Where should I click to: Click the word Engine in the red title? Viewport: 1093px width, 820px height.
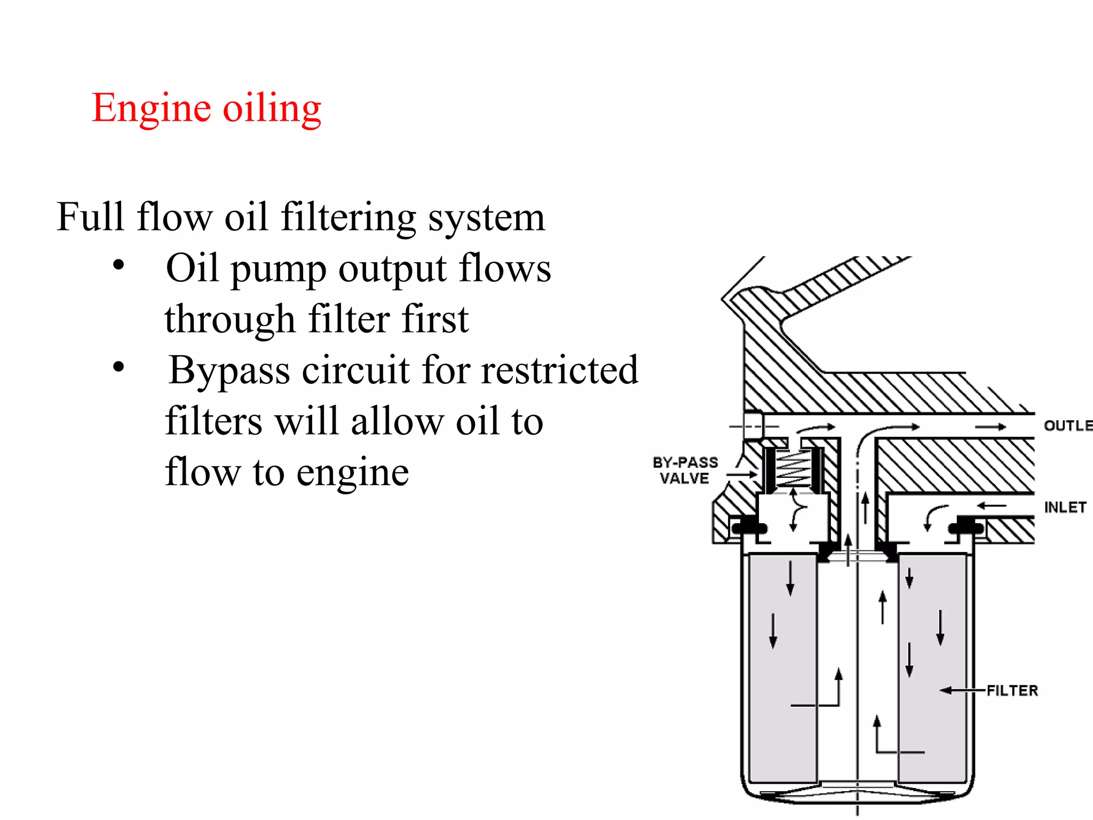(x=152, y=108)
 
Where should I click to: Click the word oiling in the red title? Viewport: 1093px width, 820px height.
(x=272, y=108)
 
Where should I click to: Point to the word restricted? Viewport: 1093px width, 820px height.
(x=559, y=369)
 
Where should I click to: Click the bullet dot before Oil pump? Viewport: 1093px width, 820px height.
(x=118, y=265)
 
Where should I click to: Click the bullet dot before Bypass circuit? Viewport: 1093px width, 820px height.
(x=118, y=367)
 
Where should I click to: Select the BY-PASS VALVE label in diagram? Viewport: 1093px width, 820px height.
(x=685, y=470)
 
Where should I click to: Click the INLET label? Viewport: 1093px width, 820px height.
(x=1065, y=507)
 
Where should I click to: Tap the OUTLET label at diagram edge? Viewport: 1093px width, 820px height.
(x=1068, y=426)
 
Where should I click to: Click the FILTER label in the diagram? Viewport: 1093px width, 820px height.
(x=1012, y=691)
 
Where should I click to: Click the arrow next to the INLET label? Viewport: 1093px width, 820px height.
(x=992, y=506)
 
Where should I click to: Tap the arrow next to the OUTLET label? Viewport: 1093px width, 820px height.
(x=991, y=427)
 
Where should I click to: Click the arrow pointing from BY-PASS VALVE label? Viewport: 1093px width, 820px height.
(x=742, y=474)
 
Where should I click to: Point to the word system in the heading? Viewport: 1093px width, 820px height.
(x=487, y=218)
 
